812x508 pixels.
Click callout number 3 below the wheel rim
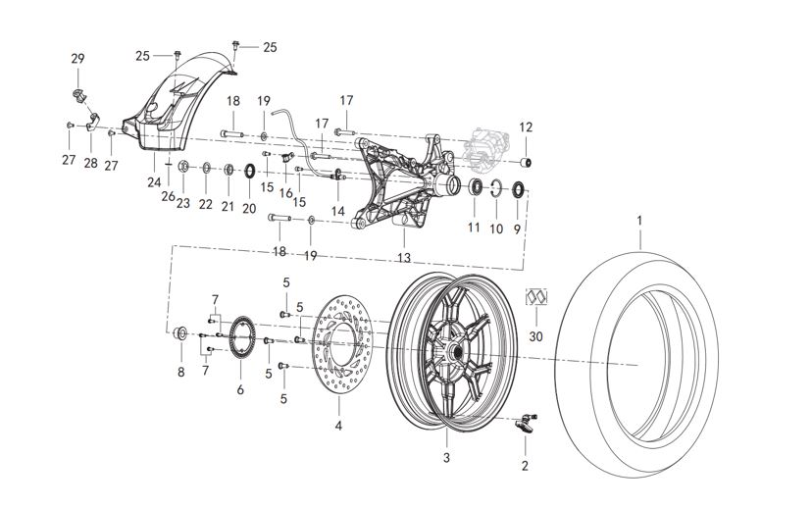point(445,457)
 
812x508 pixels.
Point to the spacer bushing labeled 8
point(180,336)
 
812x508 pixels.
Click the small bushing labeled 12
point(526,160)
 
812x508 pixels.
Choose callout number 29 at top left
point(78,60)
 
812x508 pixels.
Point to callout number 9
point(518,228)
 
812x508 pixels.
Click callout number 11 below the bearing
point(474,228)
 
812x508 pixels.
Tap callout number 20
point(249,208)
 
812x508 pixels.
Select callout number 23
point(183,203)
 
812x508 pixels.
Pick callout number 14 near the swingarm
point(337,211)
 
